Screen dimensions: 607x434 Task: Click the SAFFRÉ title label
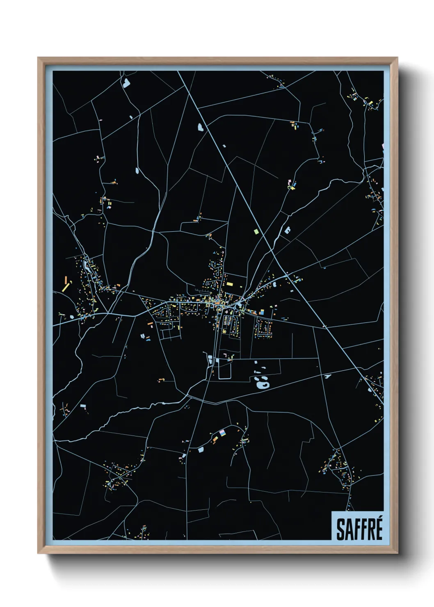[x=359, y=529]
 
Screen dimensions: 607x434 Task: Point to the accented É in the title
[x=378, y=528]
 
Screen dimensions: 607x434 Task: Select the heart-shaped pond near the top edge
[x=126, y=83]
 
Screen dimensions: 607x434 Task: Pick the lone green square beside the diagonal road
[x=256, y=232]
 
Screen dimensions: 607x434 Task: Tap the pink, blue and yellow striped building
[x=223, y=433]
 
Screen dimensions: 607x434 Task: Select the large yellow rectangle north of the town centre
[x=229, y=283]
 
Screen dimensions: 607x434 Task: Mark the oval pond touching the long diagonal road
[x=201, y=128]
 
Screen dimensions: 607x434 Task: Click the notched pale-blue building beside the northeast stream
[x=287, y=230]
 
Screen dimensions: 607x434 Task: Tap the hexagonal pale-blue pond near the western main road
[x=72, y=317]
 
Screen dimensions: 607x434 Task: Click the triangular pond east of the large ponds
[x=327, y=376]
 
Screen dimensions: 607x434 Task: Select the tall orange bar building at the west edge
[x=65, y=281]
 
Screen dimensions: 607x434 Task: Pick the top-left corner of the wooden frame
[x=38, y=58]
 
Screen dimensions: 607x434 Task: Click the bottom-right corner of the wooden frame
[x=397, y=553]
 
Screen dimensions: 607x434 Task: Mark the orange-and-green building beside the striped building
[x=215, y=439]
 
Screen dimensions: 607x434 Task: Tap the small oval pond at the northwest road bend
[x=137, y=170]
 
